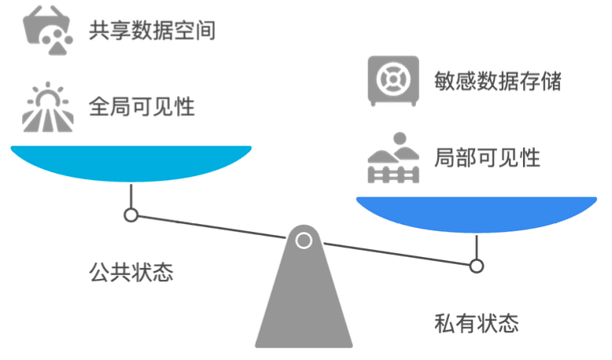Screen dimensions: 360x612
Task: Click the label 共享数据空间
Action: (152, 31)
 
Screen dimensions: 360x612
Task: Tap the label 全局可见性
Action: (142, 105)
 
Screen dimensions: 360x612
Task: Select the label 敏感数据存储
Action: (498, 79)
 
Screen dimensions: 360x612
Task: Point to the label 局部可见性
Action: (487, 156)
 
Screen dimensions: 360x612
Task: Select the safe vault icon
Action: (391, 79)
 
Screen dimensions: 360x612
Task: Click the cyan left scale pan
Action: (131, 162)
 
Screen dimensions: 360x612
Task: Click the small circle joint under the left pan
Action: (131, 215)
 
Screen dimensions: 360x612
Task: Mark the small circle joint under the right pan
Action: (476, 266)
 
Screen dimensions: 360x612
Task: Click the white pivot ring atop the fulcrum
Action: (304, 241)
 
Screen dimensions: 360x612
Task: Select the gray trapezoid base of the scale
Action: (304, 307)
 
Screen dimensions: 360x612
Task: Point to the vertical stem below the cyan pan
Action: (131, 196)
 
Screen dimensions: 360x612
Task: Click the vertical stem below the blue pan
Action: (476, 248)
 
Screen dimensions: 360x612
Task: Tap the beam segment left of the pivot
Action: (212, 227)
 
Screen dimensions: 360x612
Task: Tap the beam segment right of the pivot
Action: (393, 254)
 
